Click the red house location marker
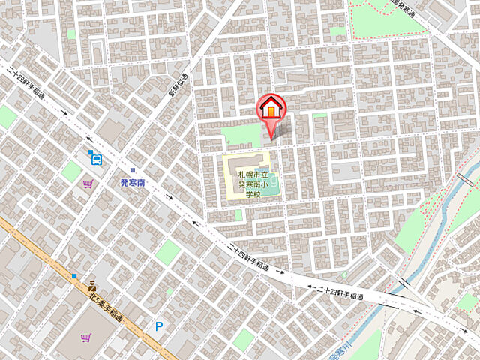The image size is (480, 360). pos(271,109)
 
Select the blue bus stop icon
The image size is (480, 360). pos(96,157)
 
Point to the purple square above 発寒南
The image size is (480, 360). pos(132,170)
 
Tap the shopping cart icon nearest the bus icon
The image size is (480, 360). pos(88,183)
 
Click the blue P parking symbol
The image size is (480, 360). pos(159,326)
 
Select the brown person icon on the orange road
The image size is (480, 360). pos(92,284)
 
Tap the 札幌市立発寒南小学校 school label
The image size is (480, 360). pos(248,184)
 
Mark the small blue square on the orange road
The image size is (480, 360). pos(74,276)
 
